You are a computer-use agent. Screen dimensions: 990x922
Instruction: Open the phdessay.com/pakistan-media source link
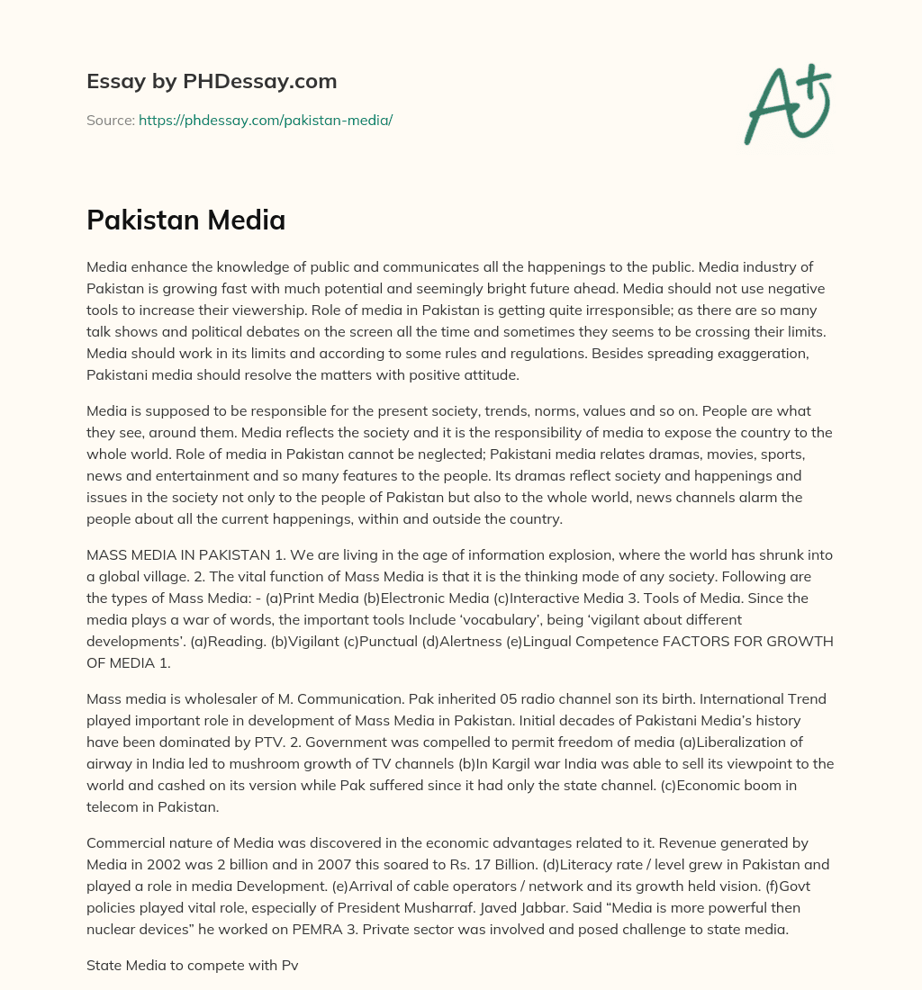pyautogui.click(x=266, y=120)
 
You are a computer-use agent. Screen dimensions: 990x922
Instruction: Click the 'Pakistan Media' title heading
pyautogui.click(x=185, y=220)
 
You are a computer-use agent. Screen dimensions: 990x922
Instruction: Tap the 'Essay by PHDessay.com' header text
pyautogui.click(x=212, y=81)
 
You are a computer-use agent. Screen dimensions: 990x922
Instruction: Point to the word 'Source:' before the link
pyautogui.click(x=110, y=120)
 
